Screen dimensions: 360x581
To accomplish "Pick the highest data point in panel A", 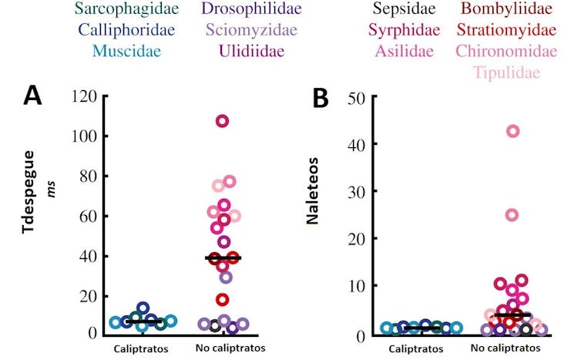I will coord(222,121).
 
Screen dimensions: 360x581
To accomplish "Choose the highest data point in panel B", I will coord(512,131).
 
